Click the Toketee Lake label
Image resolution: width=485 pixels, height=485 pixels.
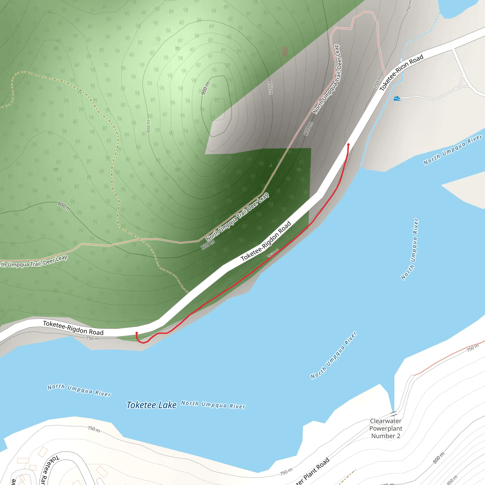tap(151, 405)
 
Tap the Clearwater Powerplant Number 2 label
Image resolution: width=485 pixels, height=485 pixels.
tap(386, 428)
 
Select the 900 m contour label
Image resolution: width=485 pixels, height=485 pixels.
tap(205, 88)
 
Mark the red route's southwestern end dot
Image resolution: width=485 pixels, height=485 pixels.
tap(137, 333)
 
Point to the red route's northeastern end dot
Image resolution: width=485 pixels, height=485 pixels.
tap(348, 145)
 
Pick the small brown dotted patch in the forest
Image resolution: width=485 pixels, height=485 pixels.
tap(284, 51)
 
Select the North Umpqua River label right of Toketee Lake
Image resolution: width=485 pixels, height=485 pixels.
tap(213, 405)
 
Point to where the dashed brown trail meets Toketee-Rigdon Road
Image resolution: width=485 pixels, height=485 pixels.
tap(188, 293)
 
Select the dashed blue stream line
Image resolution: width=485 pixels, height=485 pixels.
tap(422, 35)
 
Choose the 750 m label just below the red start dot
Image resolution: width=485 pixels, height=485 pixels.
tap(92, 338)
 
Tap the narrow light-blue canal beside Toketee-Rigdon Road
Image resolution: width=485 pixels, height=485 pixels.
tap(377, 121)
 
